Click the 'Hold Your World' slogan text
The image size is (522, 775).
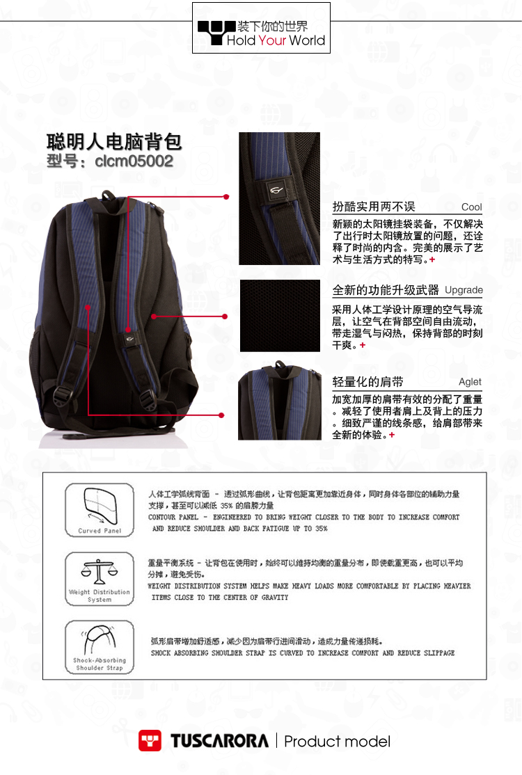pos(276,40)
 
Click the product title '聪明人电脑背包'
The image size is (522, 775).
pos(114,141)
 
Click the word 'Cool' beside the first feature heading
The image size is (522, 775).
pos(471,207)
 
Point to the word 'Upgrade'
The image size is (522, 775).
pos(464,290)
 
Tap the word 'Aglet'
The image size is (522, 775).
pos(470,382)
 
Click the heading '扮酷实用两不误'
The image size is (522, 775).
pos(374,207)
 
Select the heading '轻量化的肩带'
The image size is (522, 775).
pos(367,382)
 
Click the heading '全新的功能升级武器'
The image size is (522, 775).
pos(386,290)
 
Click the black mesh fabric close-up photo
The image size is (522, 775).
pos(280,316)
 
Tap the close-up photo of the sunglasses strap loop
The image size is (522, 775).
pos(279,198)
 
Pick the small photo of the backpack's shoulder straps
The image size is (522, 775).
pos(279,401)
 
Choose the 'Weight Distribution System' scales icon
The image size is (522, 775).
pos(100,578)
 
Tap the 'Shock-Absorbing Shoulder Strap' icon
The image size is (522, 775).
pos(100,646)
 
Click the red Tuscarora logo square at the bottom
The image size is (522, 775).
pos(150,741)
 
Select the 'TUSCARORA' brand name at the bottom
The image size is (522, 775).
pos(219,741)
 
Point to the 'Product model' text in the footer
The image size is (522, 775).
pos(337,742)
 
